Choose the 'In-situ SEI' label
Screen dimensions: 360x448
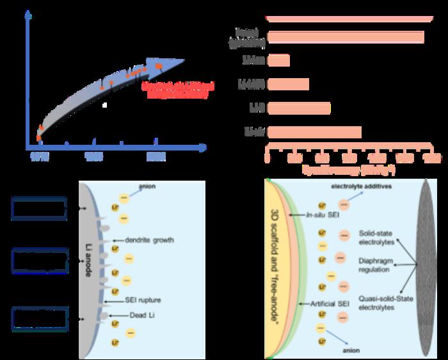pos(323,217)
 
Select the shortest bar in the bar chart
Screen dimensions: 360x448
pos(278,60)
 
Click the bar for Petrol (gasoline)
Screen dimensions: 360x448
pos(346,37)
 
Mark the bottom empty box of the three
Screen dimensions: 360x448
pos(39,319)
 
